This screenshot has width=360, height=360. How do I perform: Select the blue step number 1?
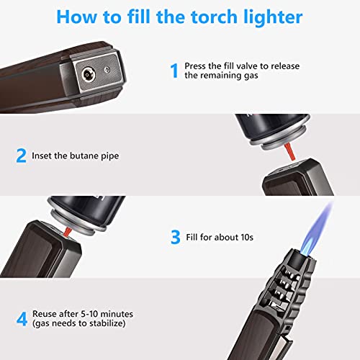(x=174, y=70)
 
